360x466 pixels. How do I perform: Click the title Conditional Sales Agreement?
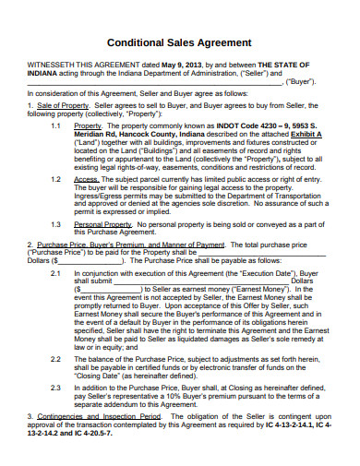(x=180, y=42)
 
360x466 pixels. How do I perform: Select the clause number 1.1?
(x=56, y=125)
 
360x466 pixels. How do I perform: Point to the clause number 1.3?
(x=56, y=224)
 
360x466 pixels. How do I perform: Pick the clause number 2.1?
(x=56, y=274)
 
